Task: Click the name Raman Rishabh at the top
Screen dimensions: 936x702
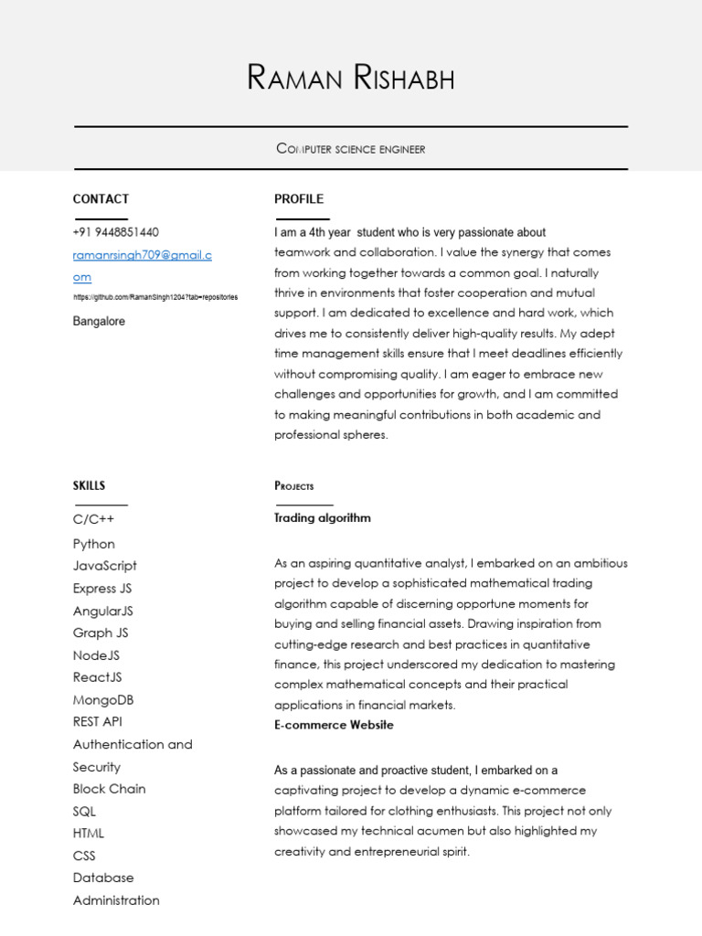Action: pos(350,79)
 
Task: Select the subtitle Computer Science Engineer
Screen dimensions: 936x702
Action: pos(350,148)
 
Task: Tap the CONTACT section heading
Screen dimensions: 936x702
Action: pos(101,199)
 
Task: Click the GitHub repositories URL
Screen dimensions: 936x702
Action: pos(155,298)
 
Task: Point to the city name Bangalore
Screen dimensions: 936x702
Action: pos(99,322)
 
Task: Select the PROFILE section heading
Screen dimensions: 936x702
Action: pos(299,199)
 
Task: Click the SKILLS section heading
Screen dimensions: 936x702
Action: pos(89,485)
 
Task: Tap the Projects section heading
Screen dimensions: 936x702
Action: pos(294,486)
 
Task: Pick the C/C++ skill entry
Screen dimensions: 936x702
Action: pos(93,520)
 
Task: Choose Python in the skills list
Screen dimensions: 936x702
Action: pos(94,544)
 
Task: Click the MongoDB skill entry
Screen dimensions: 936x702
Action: pos(103,700)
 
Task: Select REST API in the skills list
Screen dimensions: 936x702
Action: pos(97,722)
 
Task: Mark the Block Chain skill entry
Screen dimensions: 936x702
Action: pos(109,789)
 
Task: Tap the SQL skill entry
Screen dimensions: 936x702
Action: pos(84,812)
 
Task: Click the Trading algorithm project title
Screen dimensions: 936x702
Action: pos(323,518)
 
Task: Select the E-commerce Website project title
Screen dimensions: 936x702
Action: pos(334,725)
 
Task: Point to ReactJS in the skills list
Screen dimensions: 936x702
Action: pos(97,677)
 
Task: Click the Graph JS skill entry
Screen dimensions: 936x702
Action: pos(101,633)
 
